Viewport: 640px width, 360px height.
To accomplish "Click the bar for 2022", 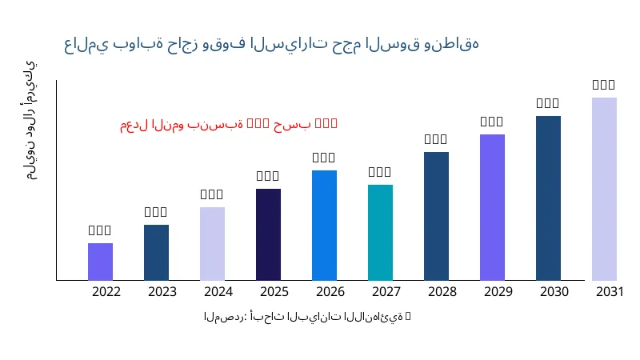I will click(x=100, y=262).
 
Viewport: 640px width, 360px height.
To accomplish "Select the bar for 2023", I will click(x=156, y=253).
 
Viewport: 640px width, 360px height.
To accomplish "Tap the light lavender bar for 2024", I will click(x=212, y=244).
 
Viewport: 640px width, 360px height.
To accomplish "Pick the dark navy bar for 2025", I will click(x=268, y=234).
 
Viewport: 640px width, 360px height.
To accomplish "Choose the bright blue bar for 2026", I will click(x=324, y=226).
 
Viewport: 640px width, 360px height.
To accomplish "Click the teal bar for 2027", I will click(x=380, y=233).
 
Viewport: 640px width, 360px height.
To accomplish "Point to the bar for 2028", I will click(x=436, y=216).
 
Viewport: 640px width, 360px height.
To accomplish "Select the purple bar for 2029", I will click(x=492, y=207).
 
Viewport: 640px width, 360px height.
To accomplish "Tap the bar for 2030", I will click(x=548, y=198).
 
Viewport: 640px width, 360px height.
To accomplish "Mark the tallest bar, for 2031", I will click(x=604, y=189).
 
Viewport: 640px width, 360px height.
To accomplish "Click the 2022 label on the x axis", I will click(x=106, y=292).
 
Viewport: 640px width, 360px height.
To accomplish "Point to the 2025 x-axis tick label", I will click(x=274, y=292).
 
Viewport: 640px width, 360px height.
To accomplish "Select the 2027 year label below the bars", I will click(x=386, y=292).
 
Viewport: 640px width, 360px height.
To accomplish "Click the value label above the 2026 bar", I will click(x=324, y=158).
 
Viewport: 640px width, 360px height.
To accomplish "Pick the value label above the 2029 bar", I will click(x=492, y=122).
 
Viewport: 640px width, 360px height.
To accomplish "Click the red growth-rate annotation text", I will click(x=229, y=124).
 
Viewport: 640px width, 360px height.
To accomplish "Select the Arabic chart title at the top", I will click(x=271, y=44).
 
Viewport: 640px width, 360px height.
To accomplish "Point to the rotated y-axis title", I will click(x=30, y=120).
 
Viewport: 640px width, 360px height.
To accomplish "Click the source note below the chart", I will click(x=307, y=317).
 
